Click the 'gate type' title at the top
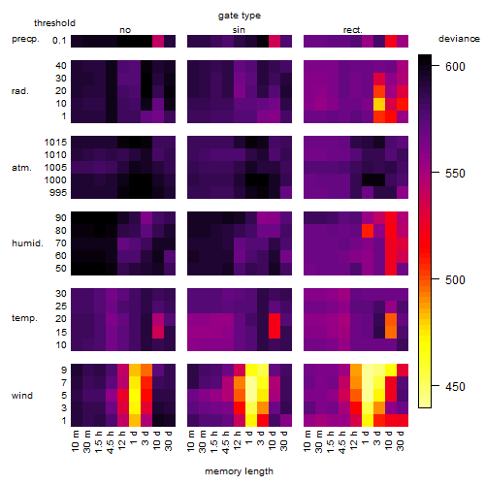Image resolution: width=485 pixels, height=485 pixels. tap(240, 16)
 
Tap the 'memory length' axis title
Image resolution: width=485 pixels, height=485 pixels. tap(239, 471)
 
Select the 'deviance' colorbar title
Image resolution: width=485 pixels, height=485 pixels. tap(459, 39)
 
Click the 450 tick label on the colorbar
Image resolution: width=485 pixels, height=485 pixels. tap(455, 386)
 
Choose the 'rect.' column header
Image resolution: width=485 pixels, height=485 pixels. tap(352, 30)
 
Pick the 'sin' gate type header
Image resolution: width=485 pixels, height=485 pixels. tap(239, 30)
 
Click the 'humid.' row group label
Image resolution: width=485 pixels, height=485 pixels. tap(27, 243)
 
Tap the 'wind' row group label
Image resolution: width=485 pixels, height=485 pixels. tap(22, 396)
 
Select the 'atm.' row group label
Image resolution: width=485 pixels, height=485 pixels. tap(21, 168)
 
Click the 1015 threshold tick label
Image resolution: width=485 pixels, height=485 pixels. tap(55, 142)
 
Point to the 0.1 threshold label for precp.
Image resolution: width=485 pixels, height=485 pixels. tap(59, 41)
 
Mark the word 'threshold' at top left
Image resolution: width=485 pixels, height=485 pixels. tap(54, 23)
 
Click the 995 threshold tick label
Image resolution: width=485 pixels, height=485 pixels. tap(58, 193)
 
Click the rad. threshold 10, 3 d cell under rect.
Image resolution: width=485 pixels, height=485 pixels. tap(379, 104)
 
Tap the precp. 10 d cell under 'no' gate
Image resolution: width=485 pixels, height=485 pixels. tap(158, 41)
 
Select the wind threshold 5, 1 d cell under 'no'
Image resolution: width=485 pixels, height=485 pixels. tap(135, 396)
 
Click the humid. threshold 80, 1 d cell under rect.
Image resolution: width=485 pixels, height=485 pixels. tap(368, 231)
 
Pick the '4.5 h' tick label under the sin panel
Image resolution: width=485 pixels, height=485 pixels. tap(226, 442)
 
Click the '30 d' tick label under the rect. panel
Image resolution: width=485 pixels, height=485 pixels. tap(400, 440)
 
